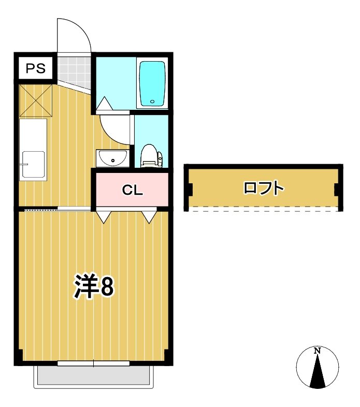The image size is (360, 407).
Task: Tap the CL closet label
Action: pos(132,190)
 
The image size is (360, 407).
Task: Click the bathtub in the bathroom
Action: pos(152,83)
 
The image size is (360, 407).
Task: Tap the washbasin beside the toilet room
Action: pos(111,158)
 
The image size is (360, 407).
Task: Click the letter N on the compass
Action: pos(317,351)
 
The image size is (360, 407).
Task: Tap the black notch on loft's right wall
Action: pos(337,190)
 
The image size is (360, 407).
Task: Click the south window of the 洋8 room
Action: pos(93,364)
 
